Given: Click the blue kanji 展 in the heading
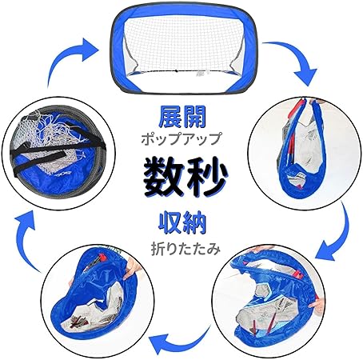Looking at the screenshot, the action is click(x=170, y=117).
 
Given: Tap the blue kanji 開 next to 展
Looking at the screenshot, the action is click(x=194, y=117).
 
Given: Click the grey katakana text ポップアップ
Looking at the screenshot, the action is click(x=181, y=138).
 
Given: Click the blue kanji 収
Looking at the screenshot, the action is click(x=170, y=223).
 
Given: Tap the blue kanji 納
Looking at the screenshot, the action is click(x=194, y=223).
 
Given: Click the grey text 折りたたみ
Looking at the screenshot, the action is click(x=185, y=249).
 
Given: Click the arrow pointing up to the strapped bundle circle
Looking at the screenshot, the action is click(x=26, y=240).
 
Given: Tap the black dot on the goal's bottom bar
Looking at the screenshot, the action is click(x=176, y=71).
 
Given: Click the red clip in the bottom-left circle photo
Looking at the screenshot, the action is click(x=102, y=258).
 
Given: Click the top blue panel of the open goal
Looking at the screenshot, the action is click(x=184, y=14).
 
